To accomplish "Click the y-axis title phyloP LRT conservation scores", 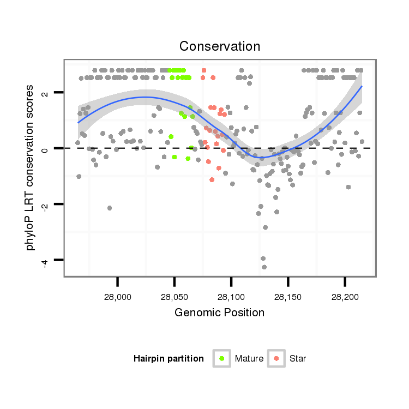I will pyautogui.click(x=31, y=167).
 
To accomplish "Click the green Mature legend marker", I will pyautogui.click(x=221, y=358).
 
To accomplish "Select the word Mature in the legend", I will pyautogui.click(x=249, y=359).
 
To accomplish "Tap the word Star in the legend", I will pyautogui.click(x=298, y=359).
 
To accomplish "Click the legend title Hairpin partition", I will pyautogui.click(x=169, y=359).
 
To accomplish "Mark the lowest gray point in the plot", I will pyautogui.click(x=264, y=267).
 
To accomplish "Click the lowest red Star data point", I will pyautogui.click(x=212, y=180).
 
